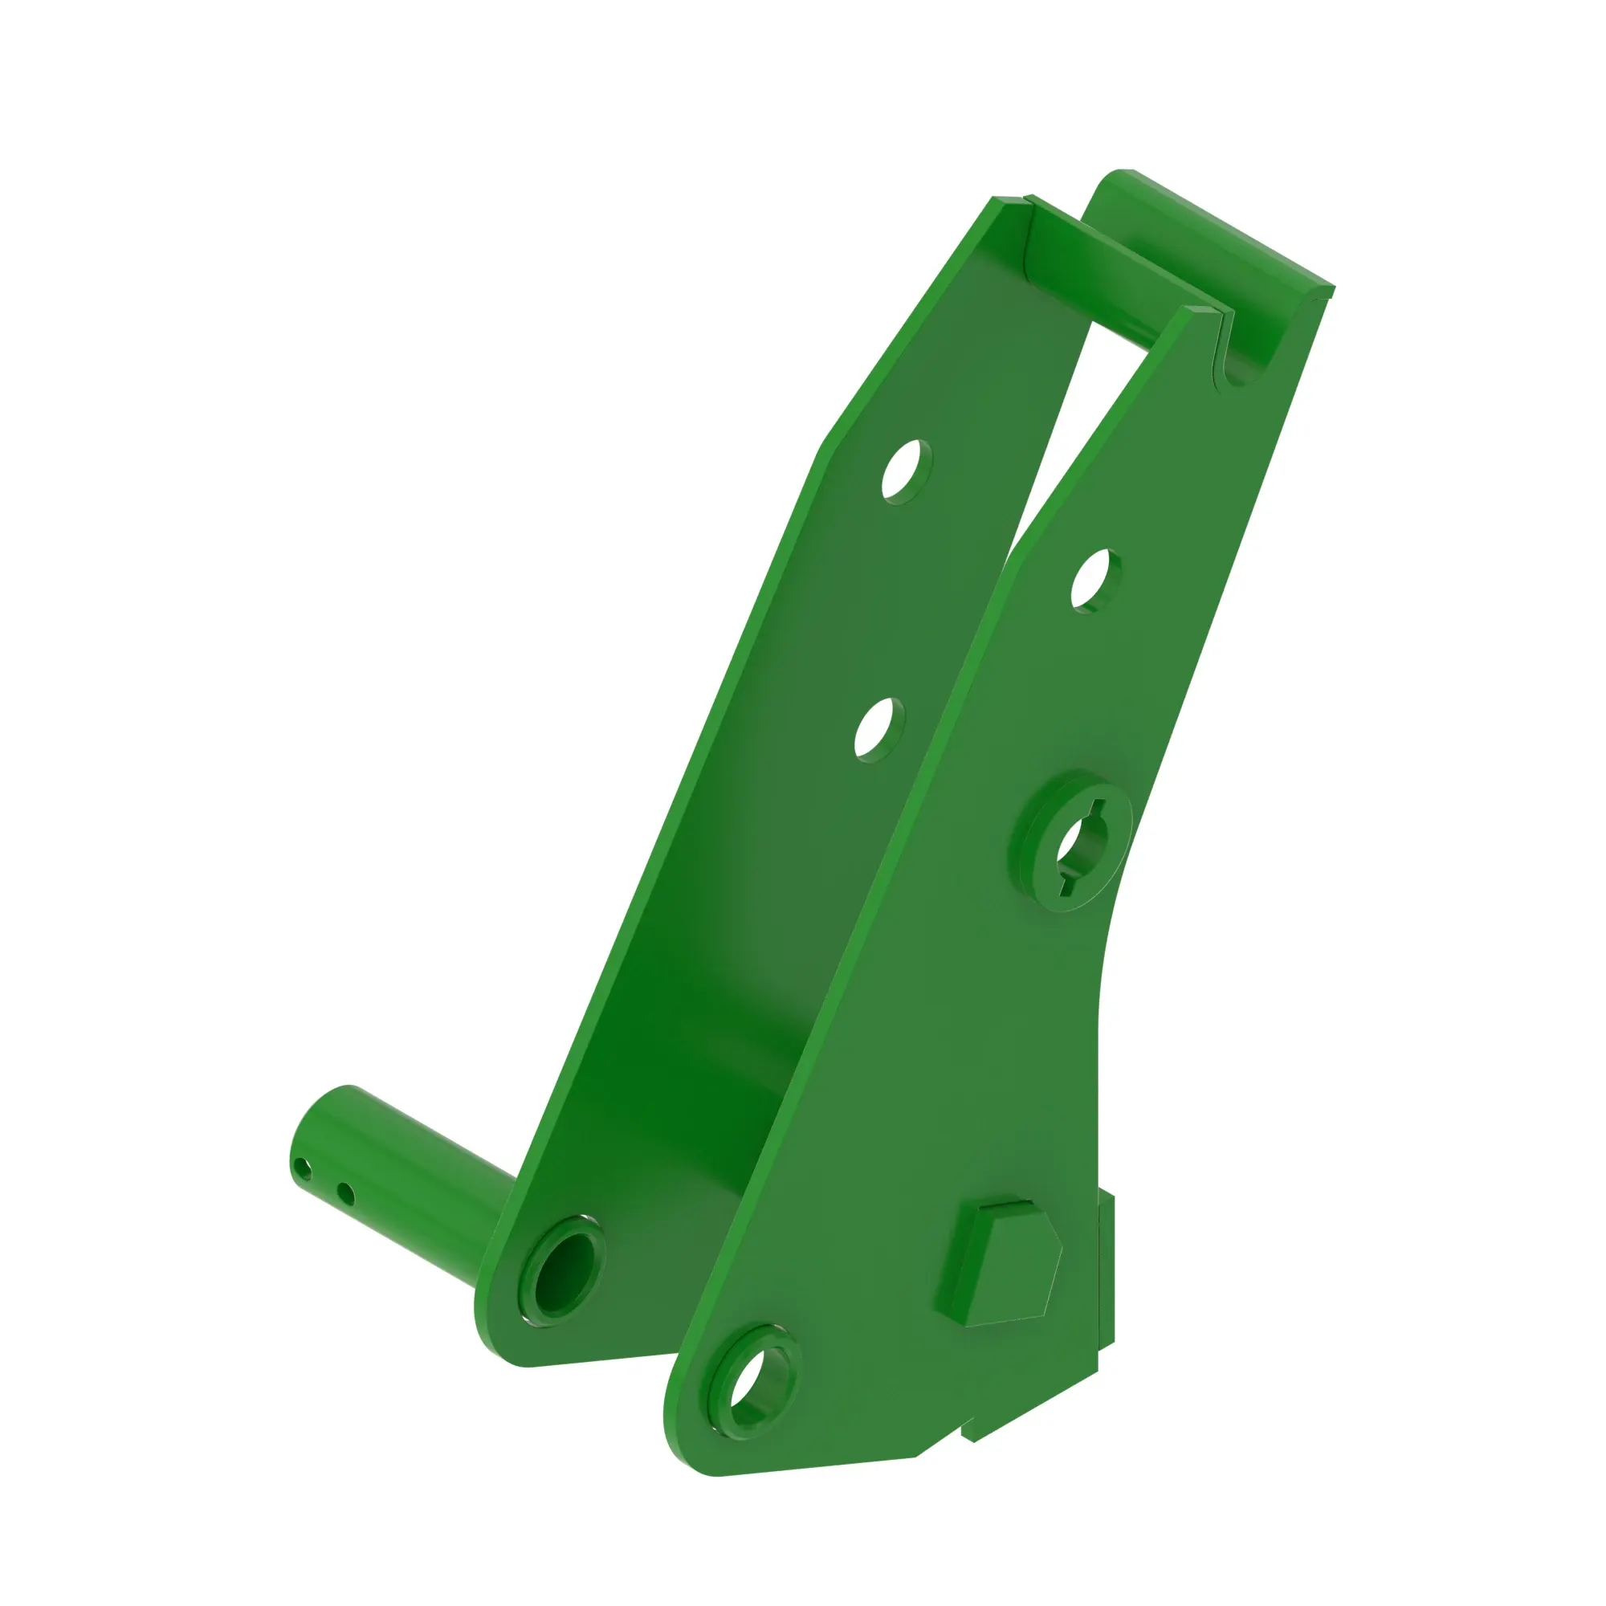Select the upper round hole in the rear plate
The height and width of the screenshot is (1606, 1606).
pos(906,471)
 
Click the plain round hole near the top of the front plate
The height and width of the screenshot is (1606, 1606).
pos(1094,581)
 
